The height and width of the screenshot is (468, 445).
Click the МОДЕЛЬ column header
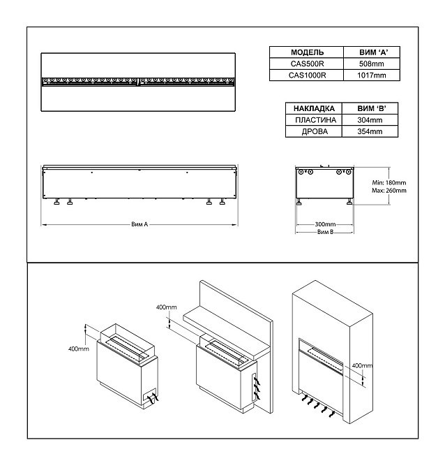306,52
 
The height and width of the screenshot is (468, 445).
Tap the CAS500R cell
306,64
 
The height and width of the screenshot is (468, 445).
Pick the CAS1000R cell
306,75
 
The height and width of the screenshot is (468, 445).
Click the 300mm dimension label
324,224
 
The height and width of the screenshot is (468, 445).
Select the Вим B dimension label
324,232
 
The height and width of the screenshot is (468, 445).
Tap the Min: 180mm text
390,182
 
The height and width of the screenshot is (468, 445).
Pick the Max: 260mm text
390,190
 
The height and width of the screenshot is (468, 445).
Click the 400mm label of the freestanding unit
78,348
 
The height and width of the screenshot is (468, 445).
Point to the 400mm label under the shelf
167,307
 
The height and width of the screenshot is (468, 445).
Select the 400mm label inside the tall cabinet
363,365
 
